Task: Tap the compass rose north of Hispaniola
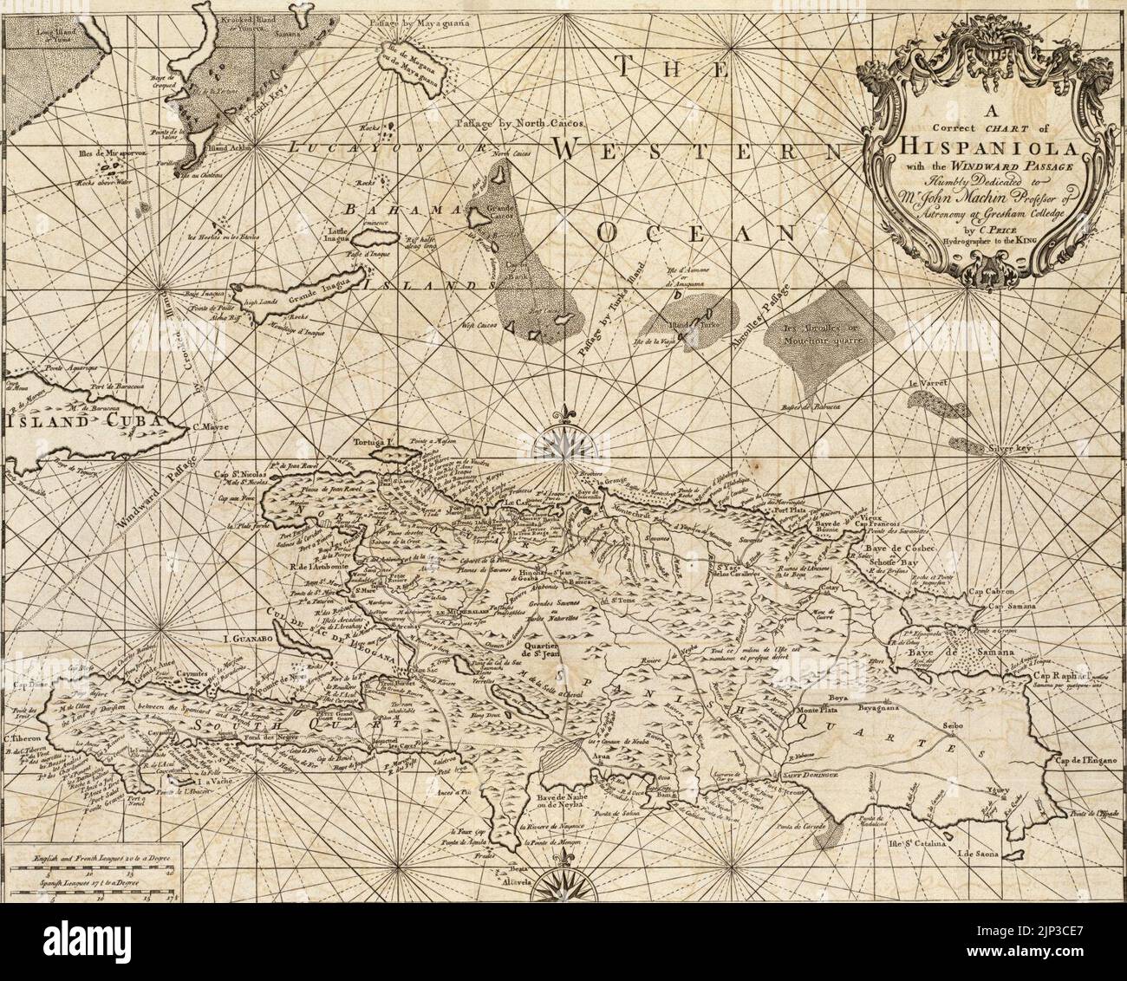click(x=564, y=441)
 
